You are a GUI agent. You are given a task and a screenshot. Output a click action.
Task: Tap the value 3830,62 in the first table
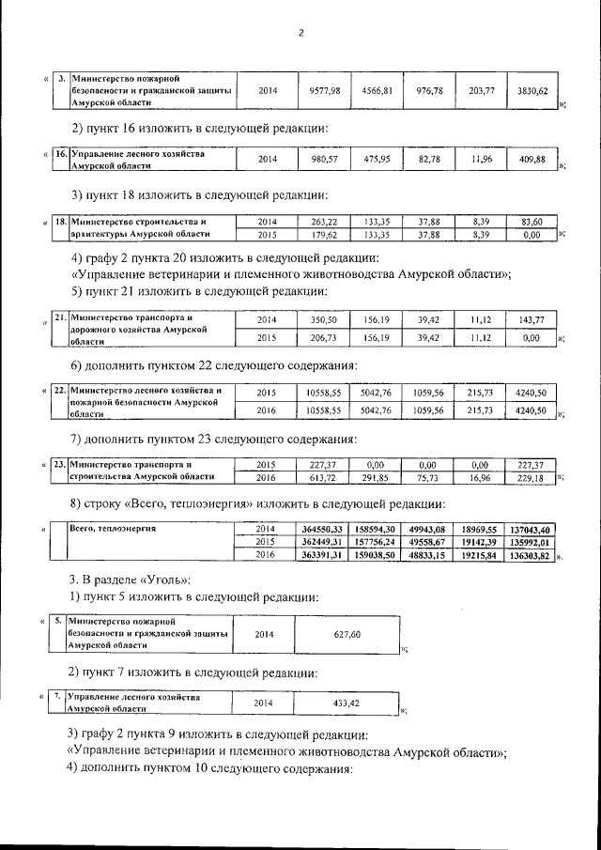pos(532,91)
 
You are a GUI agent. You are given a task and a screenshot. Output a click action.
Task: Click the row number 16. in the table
pos(58,152)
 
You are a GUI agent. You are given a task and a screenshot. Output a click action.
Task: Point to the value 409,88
pos(532,160)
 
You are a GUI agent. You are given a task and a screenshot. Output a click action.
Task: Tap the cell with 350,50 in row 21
pos(322,320)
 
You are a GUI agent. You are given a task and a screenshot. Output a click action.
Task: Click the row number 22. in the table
pos(58,390)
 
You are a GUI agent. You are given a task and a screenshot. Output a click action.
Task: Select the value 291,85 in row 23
pos(376,477)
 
